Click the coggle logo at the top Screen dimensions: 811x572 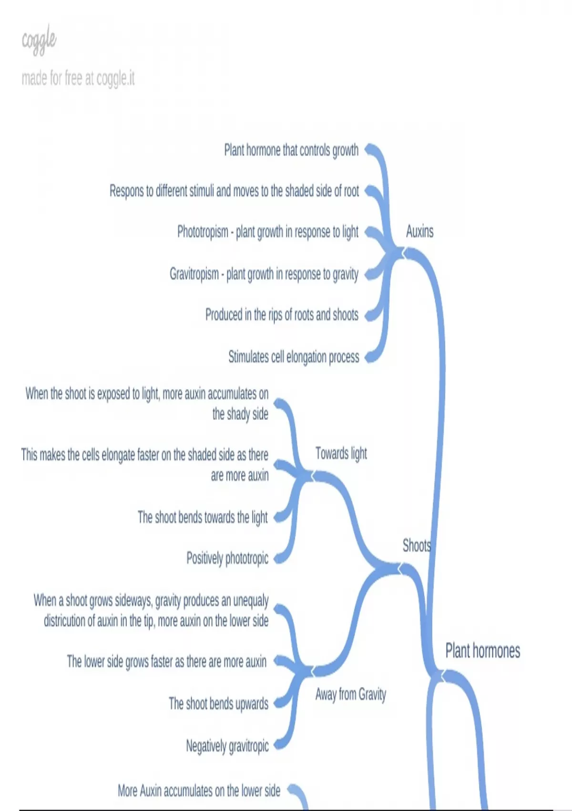click(39, 41)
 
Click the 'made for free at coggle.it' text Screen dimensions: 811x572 click(78, 78)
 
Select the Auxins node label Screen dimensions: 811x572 click(419, 231)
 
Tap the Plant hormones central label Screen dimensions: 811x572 click(482, 651)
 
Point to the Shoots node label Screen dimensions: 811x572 click(417, 545)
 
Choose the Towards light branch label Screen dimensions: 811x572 click(341, 453)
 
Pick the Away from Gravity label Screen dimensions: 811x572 click(350, 694)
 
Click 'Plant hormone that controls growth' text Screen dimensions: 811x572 click(291, 150)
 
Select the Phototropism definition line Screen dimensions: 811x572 click(267, 232)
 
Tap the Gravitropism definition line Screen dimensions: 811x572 click(264, 274)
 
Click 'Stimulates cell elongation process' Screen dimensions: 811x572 click(294, 357)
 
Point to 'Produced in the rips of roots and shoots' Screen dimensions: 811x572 click(282, 315)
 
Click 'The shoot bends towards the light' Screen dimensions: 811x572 click(203, 517)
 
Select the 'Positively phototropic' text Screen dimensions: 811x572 click(227, 558)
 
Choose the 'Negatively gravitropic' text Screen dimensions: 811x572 click(227, 746)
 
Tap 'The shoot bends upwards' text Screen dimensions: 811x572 click(218, 704)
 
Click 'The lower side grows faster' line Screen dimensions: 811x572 click(166, 662)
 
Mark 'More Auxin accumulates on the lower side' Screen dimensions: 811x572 click(199, 791)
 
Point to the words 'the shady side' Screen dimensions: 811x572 click(240, 414)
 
